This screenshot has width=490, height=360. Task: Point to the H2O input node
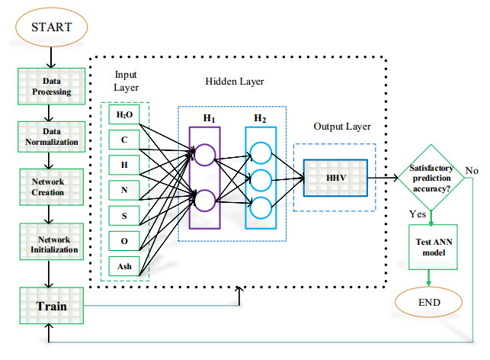(123, 115)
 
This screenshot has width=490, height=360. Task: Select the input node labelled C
(123, 139)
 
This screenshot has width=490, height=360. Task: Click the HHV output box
(335, 177)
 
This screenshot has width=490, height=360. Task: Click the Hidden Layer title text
(233, 81)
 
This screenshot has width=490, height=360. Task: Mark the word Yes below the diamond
(418, 214)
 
